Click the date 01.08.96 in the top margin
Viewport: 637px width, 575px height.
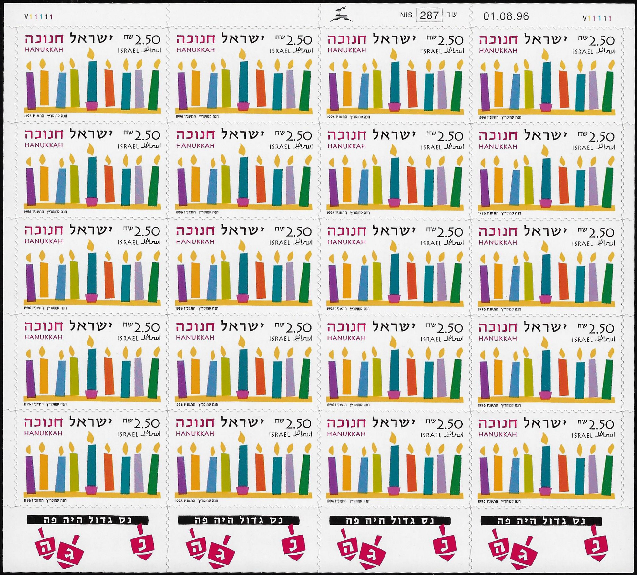[506, 17]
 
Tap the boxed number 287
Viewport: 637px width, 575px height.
[429, 16]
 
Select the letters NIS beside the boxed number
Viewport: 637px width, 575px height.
[406, 15]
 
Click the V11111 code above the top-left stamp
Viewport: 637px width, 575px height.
[38, 17]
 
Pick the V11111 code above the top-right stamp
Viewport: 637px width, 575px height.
[597, 18]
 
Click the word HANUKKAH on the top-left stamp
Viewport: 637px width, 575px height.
[44, 50]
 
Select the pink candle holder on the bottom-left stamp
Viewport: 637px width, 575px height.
[91, 490]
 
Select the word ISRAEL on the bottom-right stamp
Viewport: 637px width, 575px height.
[582, 435]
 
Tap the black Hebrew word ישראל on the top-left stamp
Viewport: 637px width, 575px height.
[91, 39]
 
